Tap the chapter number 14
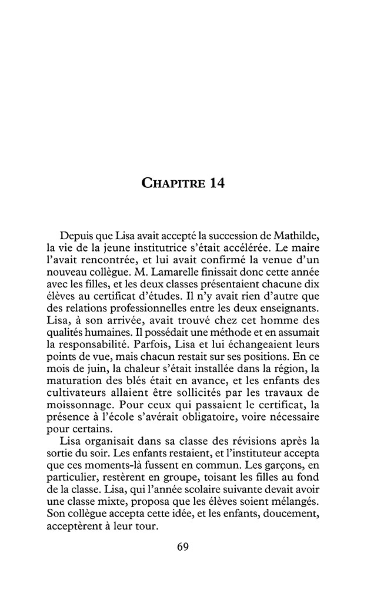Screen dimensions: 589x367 tap(214, 184)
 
